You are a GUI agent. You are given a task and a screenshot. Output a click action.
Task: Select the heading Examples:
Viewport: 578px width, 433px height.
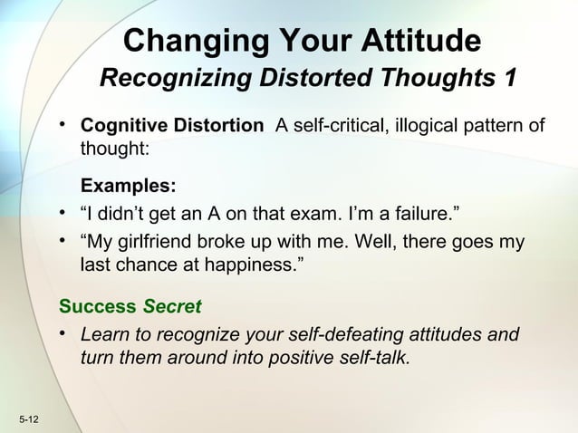pos(129,187)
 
